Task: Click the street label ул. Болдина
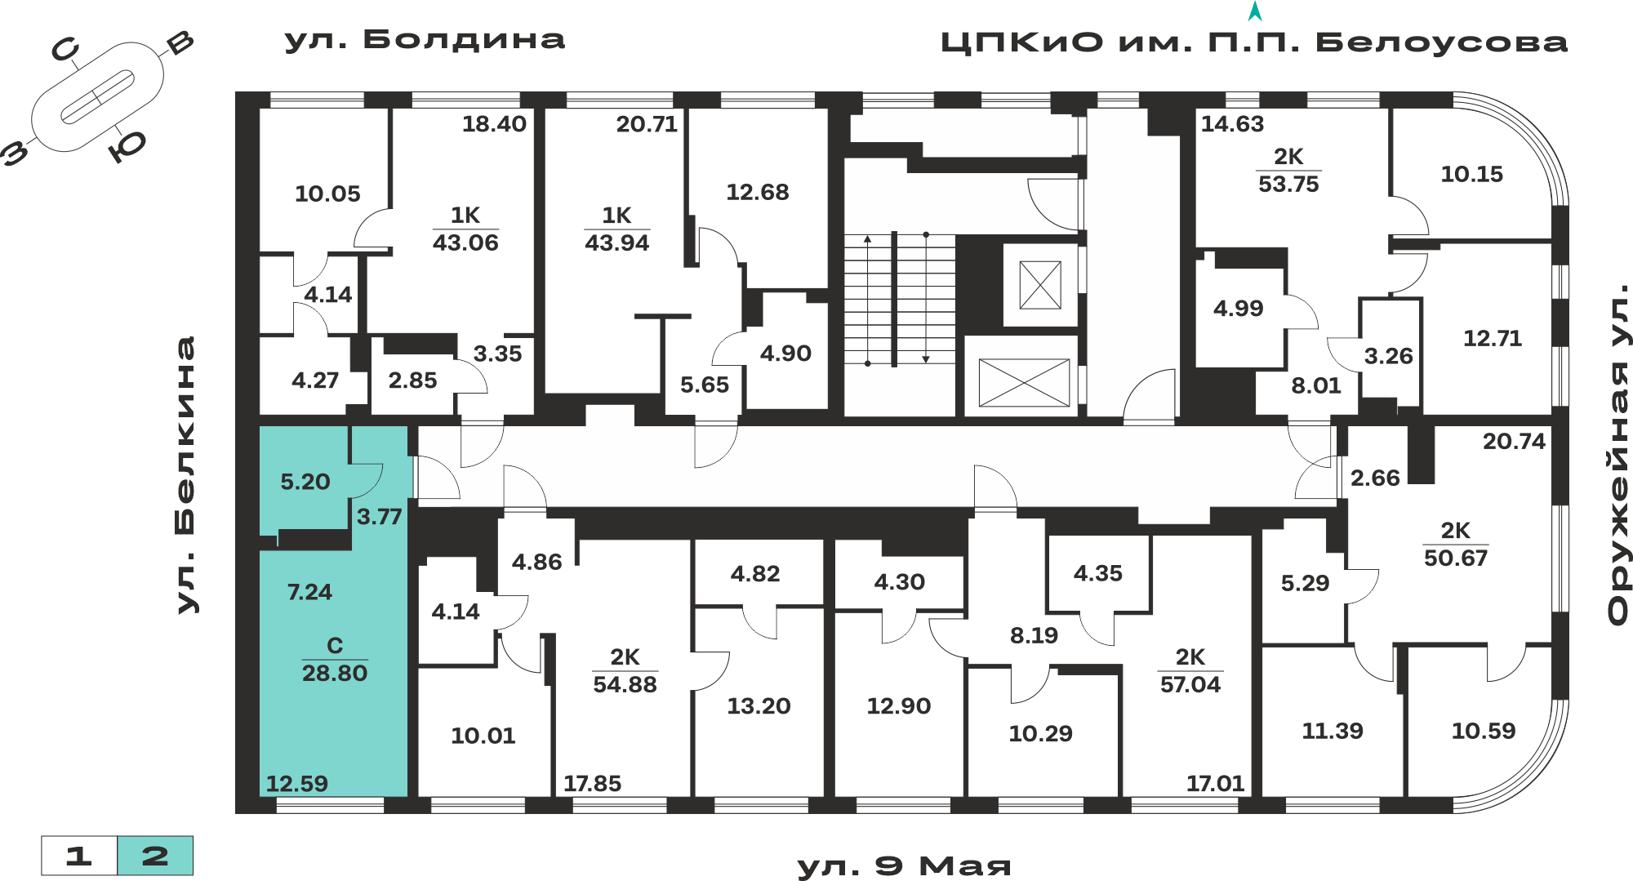425,40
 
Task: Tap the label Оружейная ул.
1618,455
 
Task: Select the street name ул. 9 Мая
904,865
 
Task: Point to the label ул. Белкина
186,474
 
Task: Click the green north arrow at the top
1255,11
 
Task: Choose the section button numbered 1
79,856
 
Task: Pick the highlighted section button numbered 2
155,856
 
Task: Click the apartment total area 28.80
335,674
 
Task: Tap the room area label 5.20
305,482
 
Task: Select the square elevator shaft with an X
1040,285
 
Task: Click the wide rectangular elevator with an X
1024,382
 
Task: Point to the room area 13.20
759,706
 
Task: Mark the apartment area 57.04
1190,684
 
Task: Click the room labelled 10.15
1471,174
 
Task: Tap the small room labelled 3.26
1388,356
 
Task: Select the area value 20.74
1514,442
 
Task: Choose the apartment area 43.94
616,242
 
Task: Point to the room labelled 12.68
758,192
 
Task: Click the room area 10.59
1483,731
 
